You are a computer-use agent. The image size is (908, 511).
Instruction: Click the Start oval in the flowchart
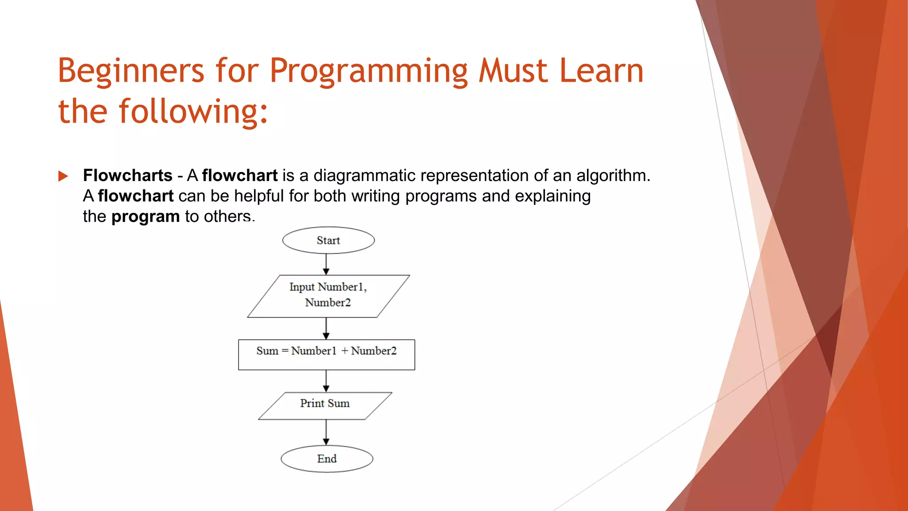(x=329, y=240)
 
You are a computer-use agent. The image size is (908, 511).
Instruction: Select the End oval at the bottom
(x=327, y=459)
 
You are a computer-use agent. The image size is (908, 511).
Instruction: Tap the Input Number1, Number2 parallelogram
(x=328, y=295)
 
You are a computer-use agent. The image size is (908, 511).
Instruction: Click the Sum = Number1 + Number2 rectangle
(x=326, y=354)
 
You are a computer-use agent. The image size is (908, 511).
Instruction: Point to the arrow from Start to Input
(x=326, y=264)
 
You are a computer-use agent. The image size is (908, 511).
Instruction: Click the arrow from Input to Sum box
(x=326, y=329)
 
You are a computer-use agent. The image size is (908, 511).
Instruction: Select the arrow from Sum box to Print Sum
(x=326, y=381)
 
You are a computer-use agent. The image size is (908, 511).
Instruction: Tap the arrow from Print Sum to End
(x=326, y=432)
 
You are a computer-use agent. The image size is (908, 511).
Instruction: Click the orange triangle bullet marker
(x=63, y=176)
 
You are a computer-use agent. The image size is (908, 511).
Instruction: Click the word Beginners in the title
(x=131, y=71)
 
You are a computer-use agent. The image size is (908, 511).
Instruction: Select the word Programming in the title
(x=368, y=71)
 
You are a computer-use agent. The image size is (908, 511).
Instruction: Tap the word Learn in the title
(x=601, y=71)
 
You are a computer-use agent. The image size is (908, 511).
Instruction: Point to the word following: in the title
(x=194, y=112)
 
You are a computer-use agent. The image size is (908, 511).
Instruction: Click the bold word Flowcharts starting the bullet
(x=128, y=176)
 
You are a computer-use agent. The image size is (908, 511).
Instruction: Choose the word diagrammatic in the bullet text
(x=364, y=176)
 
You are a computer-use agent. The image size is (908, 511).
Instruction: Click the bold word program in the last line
(x=145, y=216)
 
